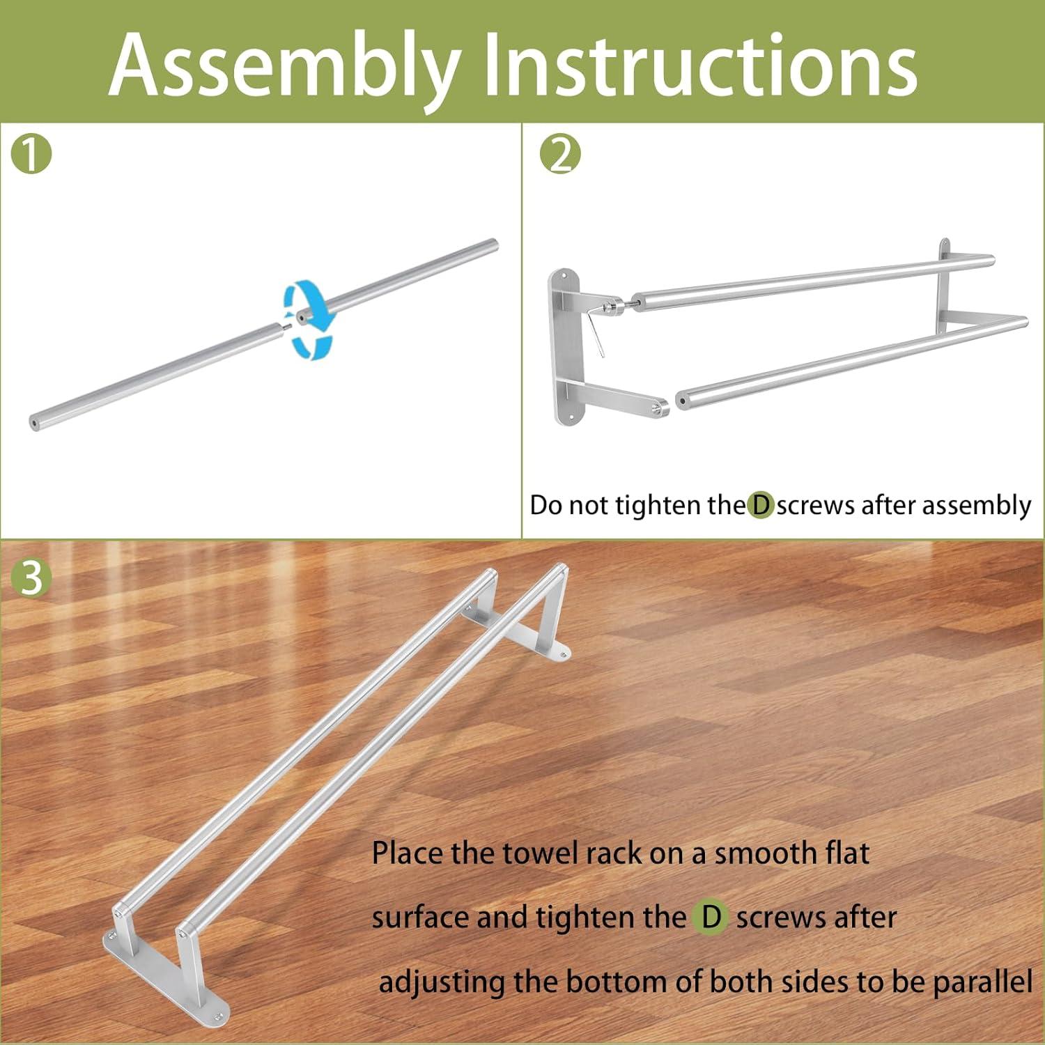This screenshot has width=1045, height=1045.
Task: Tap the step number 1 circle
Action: pyautogui.click(x=32, y=154)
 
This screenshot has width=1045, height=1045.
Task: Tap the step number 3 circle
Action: pyautogui.click(x=32, y=577)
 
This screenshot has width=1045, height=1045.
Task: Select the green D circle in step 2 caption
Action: pyautogui.click(x=761, y=505)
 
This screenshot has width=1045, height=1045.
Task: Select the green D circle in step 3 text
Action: pyautogui.click(x=711, y=917)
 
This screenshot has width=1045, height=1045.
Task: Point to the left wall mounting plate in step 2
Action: pyautogui.click(x=566, y=348)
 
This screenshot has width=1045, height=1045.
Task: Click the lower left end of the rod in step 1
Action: pyautogui.click(x=35, y=423)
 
